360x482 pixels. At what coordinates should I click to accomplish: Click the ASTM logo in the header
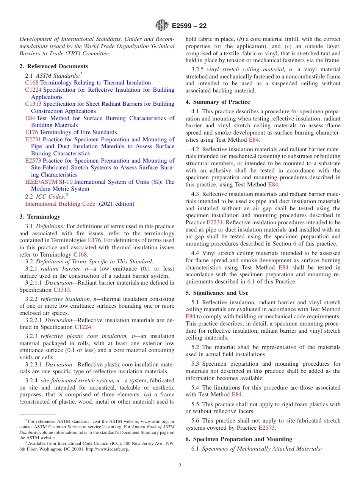162,26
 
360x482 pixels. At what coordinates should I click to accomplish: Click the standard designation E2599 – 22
189,26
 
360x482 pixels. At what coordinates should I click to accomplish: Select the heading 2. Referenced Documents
53,66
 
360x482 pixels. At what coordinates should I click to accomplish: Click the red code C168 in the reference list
32,83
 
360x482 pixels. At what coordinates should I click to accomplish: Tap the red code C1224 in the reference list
33,90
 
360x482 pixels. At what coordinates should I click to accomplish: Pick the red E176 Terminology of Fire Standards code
31,132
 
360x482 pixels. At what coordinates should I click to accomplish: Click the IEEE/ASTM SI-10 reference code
49,182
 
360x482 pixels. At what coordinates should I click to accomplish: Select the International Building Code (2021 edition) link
80,204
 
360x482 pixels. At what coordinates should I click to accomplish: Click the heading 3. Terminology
40,217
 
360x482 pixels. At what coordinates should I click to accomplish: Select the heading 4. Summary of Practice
218,102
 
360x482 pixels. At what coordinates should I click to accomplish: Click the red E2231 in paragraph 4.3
214,222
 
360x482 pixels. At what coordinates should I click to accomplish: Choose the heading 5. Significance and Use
217,293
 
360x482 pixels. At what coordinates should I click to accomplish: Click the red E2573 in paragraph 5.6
266,428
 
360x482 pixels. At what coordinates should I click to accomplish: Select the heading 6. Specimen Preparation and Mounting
239,439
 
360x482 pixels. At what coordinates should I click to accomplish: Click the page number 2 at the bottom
180,466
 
